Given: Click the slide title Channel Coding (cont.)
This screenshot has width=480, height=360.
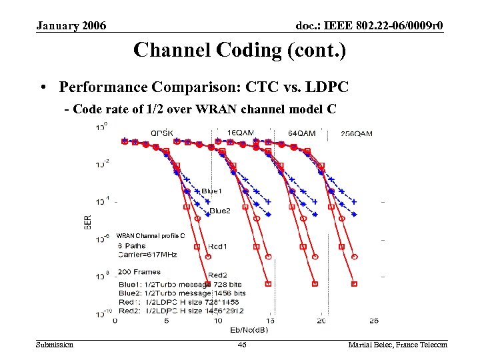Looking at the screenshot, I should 239,51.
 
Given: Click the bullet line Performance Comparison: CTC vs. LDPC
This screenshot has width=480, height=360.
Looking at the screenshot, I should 203,87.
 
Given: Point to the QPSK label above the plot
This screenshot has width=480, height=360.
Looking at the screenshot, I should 162,133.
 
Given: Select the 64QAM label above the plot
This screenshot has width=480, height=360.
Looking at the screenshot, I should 301,133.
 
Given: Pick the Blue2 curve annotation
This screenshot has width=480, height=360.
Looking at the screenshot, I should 219,211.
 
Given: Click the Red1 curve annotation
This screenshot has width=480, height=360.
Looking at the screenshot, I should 219,247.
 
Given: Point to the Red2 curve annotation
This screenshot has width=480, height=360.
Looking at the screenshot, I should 218,275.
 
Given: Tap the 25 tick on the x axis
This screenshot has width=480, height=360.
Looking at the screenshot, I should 373,321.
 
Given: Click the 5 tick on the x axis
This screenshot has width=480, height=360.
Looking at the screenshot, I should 167,321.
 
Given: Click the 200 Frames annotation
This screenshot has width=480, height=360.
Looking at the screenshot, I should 139,273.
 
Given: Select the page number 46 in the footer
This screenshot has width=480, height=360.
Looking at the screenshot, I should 242,345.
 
